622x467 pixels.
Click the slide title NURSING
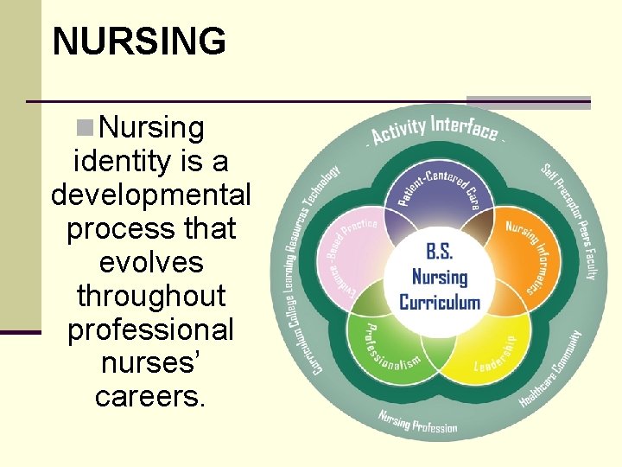(x=138, y=41)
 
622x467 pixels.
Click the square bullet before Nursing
(x=85, y=129)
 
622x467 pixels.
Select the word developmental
(x=151, y=195)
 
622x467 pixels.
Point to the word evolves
(x=151, y=262)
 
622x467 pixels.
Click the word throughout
(x=151, y=296)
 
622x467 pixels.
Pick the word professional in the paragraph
(x=151, y=329)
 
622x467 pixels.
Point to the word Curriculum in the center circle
(x=439, y=303)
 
